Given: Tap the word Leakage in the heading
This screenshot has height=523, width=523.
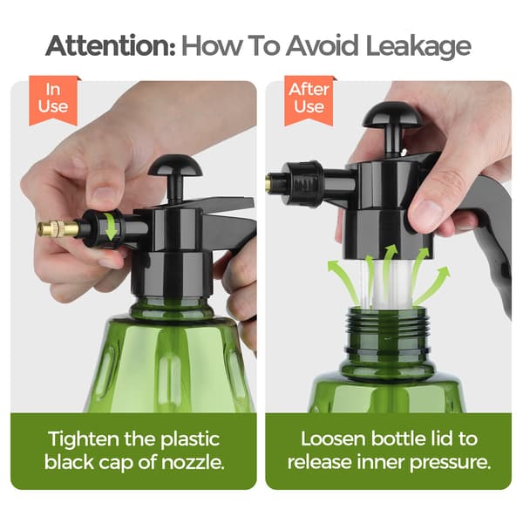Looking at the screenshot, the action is pos(418,47).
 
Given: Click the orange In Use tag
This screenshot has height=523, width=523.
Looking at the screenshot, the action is pos(53,100).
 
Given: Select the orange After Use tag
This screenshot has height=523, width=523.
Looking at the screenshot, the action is pos(309,100).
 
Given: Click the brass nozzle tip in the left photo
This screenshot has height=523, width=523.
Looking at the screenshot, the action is pos(58,228).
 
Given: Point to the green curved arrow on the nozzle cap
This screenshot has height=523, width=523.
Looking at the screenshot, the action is pos(111,227).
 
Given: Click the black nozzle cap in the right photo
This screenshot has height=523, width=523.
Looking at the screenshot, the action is pos(304,183).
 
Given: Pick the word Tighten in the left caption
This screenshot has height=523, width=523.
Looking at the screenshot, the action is pos(84,439).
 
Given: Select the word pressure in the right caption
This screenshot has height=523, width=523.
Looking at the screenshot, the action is pos(451,463).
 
